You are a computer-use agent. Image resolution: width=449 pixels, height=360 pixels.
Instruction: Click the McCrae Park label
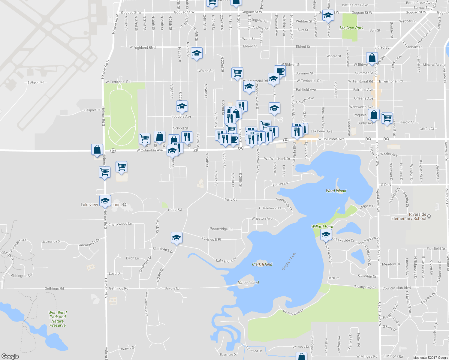(351, 28)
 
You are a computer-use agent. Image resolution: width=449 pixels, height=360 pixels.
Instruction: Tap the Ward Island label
(336, 191)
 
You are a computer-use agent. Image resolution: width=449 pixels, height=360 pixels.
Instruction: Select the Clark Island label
(262, 264)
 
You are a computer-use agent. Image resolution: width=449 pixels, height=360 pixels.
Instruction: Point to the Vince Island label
(248, 283)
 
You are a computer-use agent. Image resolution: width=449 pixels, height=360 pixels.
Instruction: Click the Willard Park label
(322, 226)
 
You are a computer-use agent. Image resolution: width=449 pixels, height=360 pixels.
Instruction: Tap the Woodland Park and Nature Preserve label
(57, 319)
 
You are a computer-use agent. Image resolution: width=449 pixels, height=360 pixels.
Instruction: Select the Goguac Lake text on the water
(289, 261)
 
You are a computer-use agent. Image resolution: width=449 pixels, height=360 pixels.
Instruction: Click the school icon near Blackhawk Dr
(176, 238)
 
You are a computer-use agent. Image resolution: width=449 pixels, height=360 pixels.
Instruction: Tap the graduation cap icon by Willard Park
(326, 235)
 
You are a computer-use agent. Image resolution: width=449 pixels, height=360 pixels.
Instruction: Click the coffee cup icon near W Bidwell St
(280, 71)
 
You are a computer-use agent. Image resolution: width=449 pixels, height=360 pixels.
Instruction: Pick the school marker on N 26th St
(196, 53)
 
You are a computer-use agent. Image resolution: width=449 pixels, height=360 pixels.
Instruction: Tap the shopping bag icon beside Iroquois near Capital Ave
(374, 114)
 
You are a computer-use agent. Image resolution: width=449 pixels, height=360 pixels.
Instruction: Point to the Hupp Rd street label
(175, 210)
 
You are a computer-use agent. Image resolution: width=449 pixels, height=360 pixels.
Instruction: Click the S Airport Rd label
(36, 82)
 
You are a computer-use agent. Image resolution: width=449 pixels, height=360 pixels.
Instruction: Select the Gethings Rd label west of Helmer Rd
(54, 289)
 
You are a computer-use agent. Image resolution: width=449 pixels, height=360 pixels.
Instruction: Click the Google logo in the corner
(10, 356)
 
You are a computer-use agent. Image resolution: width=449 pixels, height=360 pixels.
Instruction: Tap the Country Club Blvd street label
(396, 288)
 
